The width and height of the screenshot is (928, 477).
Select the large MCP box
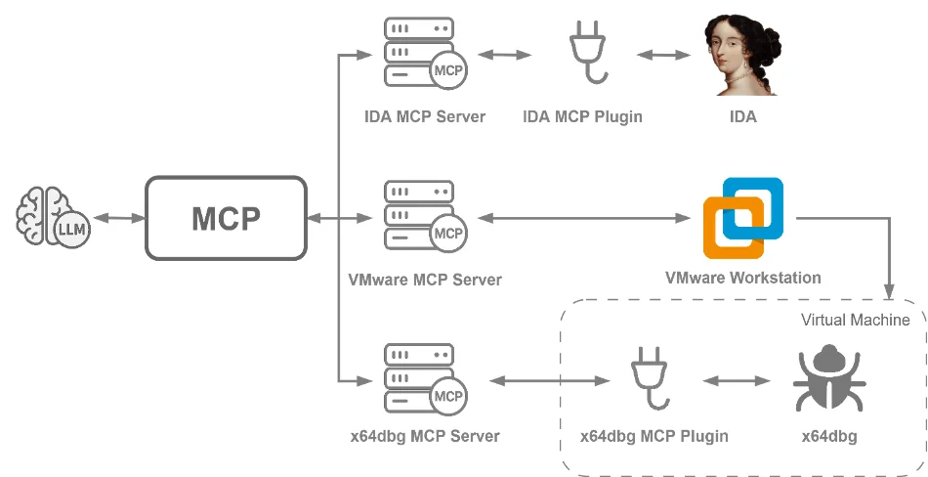(226, 218)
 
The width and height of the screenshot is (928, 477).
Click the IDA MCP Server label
(424, 117)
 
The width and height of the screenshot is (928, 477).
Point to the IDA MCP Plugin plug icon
(583, 54)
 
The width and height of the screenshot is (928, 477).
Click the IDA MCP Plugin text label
(583, 117)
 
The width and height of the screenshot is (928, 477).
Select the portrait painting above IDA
(743, 55)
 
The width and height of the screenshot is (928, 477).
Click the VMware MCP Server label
(424, 280)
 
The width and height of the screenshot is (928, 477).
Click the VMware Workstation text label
(743, 278)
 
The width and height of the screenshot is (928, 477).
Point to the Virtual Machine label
(855, 320)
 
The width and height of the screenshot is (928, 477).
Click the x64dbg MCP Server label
(424, 436)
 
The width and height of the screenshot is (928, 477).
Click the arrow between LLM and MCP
(116, 218)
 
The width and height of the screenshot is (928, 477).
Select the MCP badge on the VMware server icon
(448, 234)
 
